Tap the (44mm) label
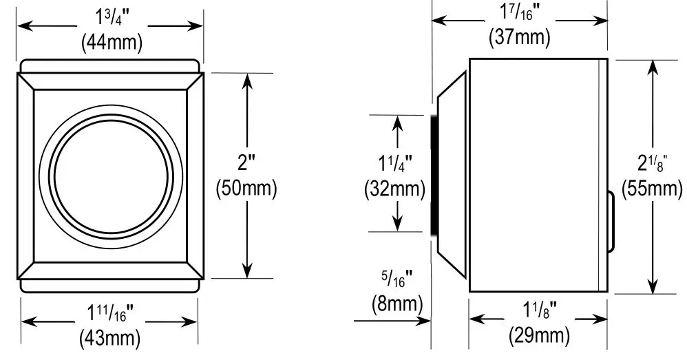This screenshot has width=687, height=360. point(111,43)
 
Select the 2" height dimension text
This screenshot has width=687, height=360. point(246,164)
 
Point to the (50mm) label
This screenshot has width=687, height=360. point(246,188)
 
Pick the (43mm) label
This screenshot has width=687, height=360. point(110,338)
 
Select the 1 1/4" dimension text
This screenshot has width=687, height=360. point(395,165)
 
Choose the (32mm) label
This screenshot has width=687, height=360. point(394,189)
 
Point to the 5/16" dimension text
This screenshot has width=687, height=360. point(397,279)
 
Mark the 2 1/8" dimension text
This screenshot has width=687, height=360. point(651,164)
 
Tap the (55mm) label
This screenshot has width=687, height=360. point(651,188)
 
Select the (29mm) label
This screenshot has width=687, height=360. point(539,336)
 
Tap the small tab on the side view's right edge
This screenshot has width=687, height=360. point(611,222)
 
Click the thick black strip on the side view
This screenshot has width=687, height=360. point(434,175)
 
